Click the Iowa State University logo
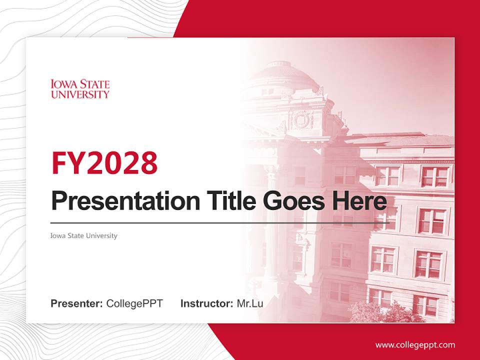tap(80, 88)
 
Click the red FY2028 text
tap(104, 163)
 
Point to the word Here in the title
tap(359, 201)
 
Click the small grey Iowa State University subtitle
tap(84, 235)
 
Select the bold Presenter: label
tap(77, 303)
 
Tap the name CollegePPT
tap(134, 303)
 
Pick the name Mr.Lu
tap(250, 303)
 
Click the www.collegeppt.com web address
tap(415, 345)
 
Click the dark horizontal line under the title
tap(220, 223)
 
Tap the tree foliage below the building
tap(380, 312)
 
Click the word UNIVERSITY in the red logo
tap(80, 94)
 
